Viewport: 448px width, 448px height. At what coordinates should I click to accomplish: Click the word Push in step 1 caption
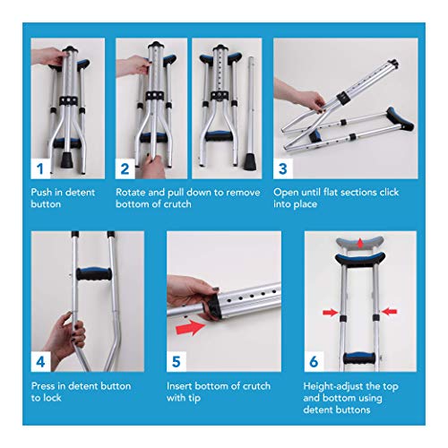[44, 192]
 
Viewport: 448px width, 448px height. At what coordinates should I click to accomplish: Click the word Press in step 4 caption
[45, 386]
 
